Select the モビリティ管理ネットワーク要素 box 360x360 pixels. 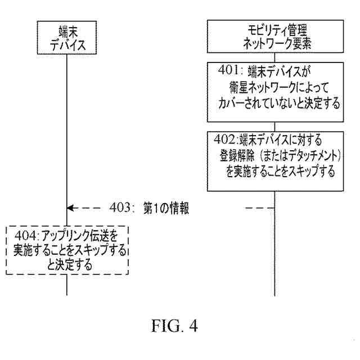274,37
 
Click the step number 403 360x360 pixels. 120,208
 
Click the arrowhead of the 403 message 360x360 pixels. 69,208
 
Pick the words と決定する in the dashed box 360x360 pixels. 69,263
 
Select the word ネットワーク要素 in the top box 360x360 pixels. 274,44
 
